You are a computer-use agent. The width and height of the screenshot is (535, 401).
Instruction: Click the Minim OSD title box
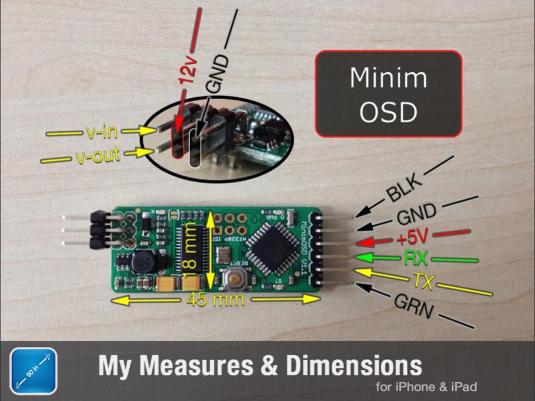point(388,94)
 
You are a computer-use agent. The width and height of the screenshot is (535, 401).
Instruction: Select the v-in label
point(101,132)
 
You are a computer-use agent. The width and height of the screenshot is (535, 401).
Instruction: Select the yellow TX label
point(423,281)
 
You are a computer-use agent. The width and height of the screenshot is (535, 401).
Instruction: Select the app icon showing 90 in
point(33,371)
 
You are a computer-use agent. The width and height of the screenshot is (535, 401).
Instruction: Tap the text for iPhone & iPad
point(426,387)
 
